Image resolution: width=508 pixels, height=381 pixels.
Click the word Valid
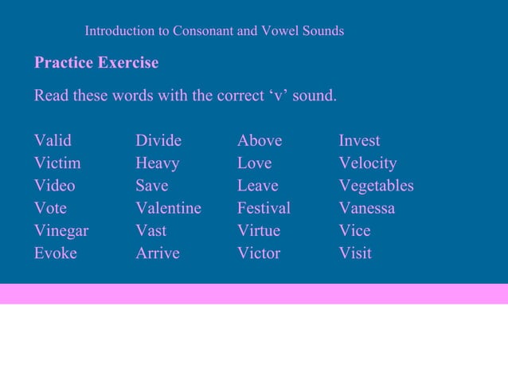(53, 141)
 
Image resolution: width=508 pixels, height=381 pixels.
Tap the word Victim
(57, 163)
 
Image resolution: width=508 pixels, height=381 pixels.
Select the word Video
(55, 186)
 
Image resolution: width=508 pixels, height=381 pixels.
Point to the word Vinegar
(61, 231)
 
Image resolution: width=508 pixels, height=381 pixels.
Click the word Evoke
(56, 253)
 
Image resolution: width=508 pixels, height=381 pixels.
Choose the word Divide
(158, 141)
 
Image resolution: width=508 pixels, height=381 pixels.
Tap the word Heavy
(158, 163)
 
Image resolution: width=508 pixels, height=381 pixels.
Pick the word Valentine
(168, 208)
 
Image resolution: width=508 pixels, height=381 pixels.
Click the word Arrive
(158, 253)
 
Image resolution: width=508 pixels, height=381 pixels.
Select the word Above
(260, 141)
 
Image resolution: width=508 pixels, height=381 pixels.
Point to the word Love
(254, 163)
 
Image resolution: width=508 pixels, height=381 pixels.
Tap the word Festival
(264, 208)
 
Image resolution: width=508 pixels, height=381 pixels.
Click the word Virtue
(259, 231)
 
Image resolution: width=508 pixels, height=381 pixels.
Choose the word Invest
(359, 141)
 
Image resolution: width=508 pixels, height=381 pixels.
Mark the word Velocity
(368, 163)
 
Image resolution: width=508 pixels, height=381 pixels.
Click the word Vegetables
(377, 186)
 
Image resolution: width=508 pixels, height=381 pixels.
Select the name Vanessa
(367, 208)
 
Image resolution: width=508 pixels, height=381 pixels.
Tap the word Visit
(355, 253)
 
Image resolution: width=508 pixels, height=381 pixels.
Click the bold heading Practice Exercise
(96, 62)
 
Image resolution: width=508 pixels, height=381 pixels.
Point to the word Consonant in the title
(202, 31)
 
